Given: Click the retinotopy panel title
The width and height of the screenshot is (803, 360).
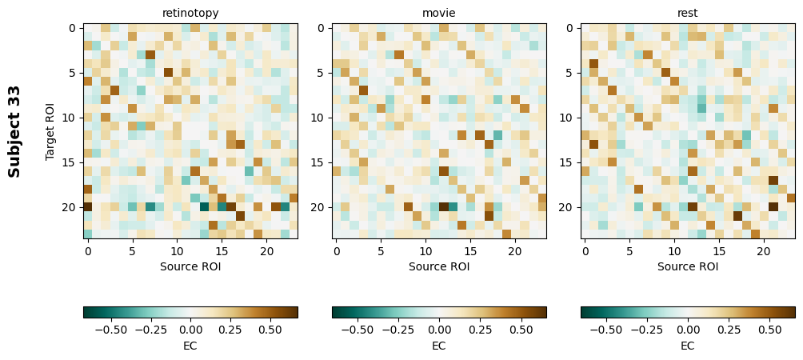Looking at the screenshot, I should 190,13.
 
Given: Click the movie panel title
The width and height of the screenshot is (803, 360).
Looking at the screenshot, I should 439,13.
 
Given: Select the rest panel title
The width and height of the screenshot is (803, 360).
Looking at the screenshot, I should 688,13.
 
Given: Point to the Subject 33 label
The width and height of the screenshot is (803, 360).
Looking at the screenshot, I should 14,131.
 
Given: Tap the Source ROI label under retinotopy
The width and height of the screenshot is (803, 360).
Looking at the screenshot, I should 190,266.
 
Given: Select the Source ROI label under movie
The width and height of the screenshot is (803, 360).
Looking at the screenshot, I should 439,266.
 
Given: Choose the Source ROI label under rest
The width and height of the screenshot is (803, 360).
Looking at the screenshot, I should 688,266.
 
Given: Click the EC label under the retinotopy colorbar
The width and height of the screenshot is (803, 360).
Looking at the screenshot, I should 190,346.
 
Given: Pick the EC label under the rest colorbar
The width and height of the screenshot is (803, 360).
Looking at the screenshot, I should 688,346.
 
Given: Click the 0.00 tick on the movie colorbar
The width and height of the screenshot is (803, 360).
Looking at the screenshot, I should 439,329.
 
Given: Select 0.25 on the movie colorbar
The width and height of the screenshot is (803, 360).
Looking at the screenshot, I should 480,329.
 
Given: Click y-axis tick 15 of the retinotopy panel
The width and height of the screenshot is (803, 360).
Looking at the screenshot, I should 70,162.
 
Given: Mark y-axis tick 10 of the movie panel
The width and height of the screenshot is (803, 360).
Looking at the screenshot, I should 319,118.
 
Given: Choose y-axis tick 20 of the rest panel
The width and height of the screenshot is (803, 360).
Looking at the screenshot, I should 568,207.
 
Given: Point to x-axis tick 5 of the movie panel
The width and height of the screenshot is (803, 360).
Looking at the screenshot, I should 381,251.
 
